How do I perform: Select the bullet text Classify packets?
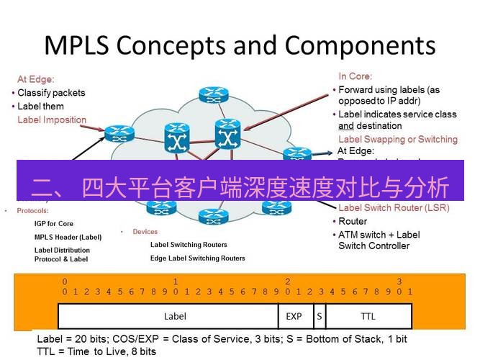click(51, 93)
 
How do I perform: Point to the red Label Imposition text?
click(52, 120)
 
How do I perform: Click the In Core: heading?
click(355, 76)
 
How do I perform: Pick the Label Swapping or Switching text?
click(397, 139)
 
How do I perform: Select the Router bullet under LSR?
click(353, 222)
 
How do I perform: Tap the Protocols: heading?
click(32, 211)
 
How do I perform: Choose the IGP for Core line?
click(54, 224)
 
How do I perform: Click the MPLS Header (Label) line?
click(68, 237)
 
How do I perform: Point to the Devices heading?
click(145, 232)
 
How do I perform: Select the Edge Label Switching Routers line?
click(197, 258)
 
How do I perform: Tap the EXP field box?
click(294, 316)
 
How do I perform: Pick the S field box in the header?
click(319, 316)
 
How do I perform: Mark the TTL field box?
click(368, 316)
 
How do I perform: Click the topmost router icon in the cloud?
click(212, 94)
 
